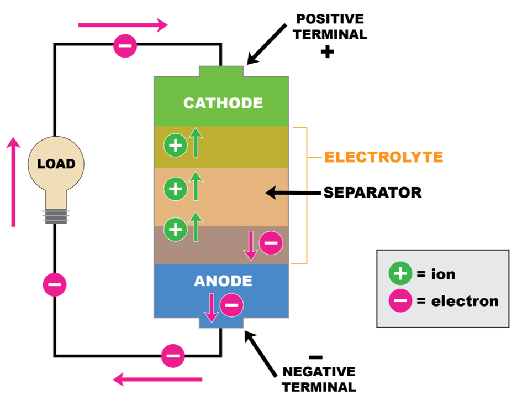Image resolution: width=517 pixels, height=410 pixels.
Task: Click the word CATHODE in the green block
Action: click(223, 103)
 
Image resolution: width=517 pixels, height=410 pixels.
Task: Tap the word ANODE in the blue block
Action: click(223, 281)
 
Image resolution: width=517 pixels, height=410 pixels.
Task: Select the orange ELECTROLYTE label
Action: click(384, 157)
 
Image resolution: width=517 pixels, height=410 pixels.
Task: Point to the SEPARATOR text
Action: click(372, 193)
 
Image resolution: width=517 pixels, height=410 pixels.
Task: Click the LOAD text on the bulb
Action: click(56, 164)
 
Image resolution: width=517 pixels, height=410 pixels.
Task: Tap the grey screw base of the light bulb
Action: click(56, 217)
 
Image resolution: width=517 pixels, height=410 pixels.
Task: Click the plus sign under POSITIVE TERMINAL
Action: click(328, 52)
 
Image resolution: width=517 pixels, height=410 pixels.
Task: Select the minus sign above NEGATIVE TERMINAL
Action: click(316, 357)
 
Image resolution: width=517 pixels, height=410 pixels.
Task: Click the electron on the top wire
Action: click(125, 45)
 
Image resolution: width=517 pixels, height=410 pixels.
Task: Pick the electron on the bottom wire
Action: click(173, 356)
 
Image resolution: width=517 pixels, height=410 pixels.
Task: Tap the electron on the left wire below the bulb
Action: click(55, 284)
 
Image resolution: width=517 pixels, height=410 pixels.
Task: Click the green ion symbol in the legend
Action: click(400, 273)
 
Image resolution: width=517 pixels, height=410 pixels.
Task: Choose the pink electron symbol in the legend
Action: click(400, 300)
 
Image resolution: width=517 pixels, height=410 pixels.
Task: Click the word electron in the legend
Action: click(465, 301)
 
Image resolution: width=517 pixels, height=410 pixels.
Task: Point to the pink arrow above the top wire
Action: click(123, 25)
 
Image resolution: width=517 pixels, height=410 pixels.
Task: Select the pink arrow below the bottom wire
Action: click(157, 380)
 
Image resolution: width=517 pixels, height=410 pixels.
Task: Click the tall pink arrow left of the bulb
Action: click(13, 181)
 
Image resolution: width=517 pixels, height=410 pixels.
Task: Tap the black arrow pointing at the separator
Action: click(293, 193)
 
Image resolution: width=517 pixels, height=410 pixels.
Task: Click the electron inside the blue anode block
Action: click(232, 305)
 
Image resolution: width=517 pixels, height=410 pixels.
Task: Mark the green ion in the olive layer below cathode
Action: click(176, 145)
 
